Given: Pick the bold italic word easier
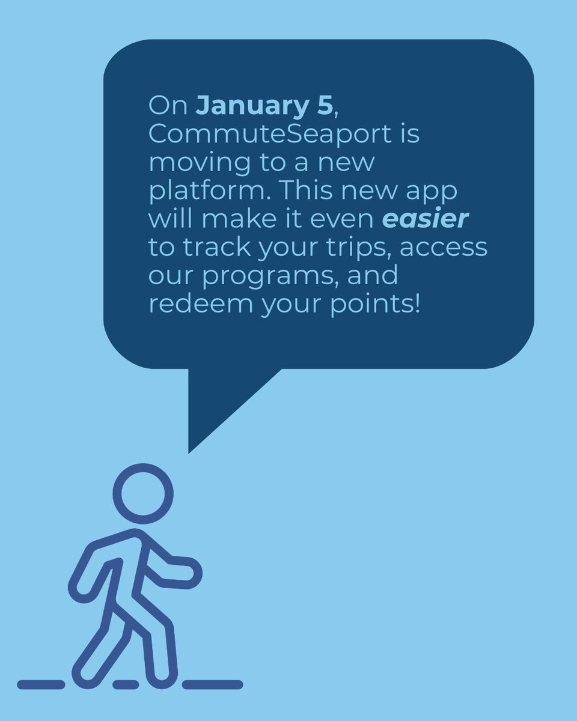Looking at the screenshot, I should pyautogui.click(x=425, y=219).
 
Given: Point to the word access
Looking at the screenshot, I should pyautogui.click(x=444, y=248).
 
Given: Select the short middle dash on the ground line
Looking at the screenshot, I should pyautogui.click(x=126, y=684).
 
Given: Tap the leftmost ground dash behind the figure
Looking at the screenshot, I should pyautogui.click(x=40, y=684).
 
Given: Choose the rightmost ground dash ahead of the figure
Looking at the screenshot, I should pyautogui.click(x=213, y=684).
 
